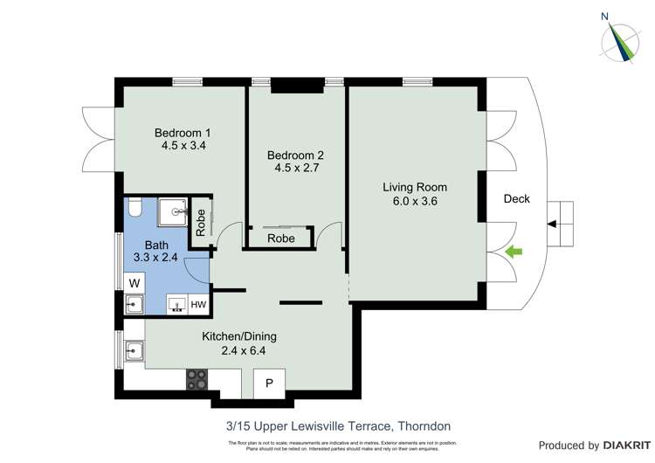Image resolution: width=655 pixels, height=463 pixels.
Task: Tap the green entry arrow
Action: pos(515,252)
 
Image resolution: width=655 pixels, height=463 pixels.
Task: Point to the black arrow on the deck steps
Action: pos(551,225)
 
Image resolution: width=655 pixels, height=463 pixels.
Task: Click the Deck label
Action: pos(517,199)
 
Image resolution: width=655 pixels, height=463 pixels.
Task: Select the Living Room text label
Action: pos(415,187)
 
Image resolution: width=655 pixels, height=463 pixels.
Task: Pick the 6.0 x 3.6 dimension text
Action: pos(415,201)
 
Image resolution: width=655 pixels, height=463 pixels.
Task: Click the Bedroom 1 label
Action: pos(183,133)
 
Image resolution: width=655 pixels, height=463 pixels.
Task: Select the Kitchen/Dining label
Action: pos(238,336)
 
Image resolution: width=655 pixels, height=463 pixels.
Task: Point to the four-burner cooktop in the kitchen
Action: pos(197,379)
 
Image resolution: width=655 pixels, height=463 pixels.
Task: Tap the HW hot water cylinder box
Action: pos(198,305)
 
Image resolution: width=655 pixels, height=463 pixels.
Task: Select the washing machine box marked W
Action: pos(134,283)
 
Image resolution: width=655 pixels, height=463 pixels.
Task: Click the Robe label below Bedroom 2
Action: pos(280,238)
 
